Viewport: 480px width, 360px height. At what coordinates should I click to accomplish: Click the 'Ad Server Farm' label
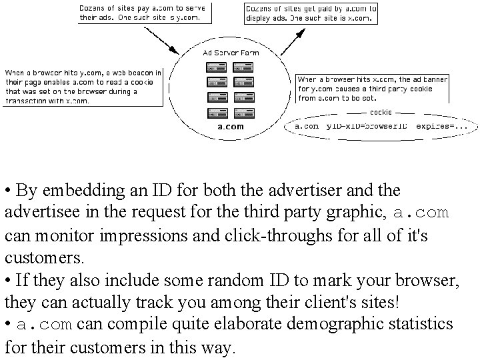(x=230, y=52)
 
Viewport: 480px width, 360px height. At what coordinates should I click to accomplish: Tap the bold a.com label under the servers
(x=230, y=126)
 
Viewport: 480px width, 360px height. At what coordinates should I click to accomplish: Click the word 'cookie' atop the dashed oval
(x=380, y=112)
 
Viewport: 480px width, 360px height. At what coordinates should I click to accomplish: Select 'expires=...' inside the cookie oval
(x=439, y=125)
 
